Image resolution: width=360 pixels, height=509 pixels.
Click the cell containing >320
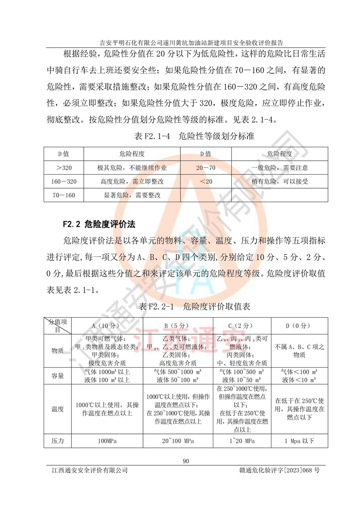(x=64, y=168)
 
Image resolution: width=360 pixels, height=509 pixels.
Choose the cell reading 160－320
(x=64, y=182)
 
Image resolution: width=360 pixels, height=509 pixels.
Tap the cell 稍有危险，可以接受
(x=279, y=182)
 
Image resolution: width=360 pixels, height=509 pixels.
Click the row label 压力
(x=57, y=441)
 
